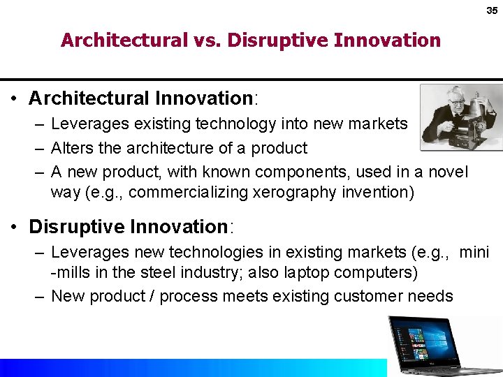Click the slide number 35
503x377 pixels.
492,11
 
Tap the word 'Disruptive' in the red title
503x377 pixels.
272,40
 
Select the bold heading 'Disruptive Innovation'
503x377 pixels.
128,227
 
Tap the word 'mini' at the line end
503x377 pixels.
474,252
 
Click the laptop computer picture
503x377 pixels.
442,346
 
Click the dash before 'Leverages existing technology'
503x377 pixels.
39,124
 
